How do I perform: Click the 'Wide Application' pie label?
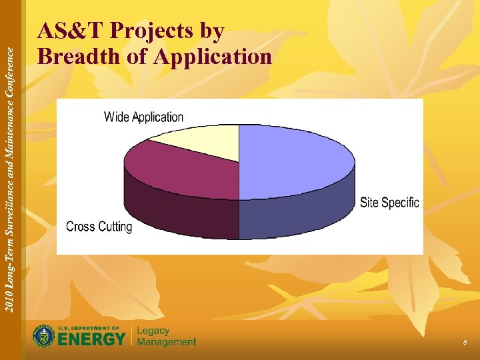143,117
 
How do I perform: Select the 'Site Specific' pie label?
389,202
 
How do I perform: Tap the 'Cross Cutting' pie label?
99,227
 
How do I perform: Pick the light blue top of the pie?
293,160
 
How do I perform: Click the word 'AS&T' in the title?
71,31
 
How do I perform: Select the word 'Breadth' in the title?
79,57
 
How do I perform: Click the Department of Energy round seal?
44,336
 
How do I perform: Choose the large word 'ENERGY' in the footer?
91,339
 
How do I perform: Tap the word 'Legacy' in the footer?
153,331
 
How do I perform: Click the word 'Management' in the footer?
167,342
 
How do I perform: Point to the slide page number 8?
465,342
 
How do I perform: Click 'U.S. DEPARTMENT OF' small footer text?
89,328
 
